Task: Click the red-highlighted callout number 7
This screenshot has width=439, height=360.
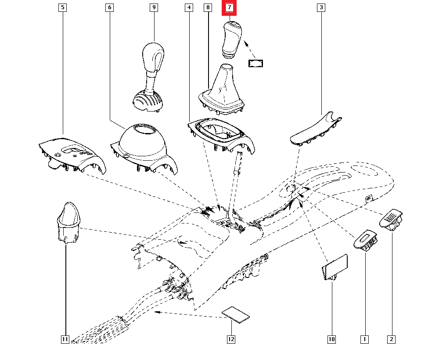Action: (229, 8)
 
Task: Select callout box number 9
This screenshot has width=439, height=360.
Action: (154, 8)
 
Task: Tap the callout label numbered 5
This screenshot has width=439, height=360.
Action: (63, 8)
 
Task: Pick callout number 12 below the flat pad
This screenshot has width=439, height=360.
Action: (231, 339)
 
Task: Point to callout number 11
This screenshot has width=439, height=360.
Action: (65, 339)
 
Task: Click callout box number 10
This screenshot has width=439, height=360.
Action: (331, 339)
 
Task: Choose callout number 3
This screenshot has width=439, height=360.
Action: (321, 8)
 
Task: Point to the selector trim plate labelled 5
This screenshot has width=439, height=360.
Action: (72, 154)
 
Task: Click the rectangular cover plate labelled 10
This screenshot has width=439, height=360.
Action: (335, 266)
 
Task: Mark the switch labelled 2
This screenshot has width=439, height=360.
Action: (392, 219)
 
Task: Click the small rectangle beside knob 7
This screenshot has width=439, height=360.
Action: (255, 64)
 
